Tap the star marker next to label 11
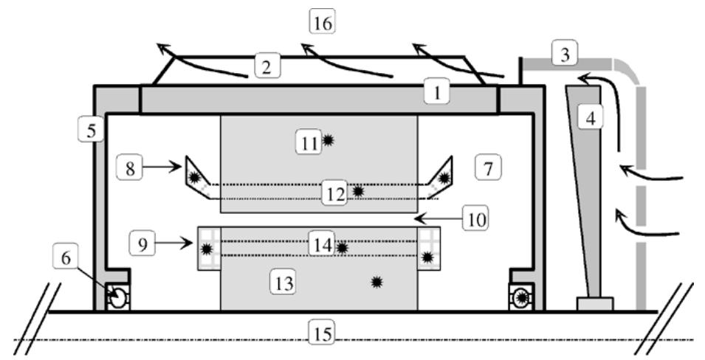point(328,140)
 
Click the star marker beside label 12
point(358,191)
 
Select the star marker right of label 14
point(343,248)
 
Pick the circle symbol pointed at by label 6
point(115,297)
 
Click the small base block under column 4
point(594,303)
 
